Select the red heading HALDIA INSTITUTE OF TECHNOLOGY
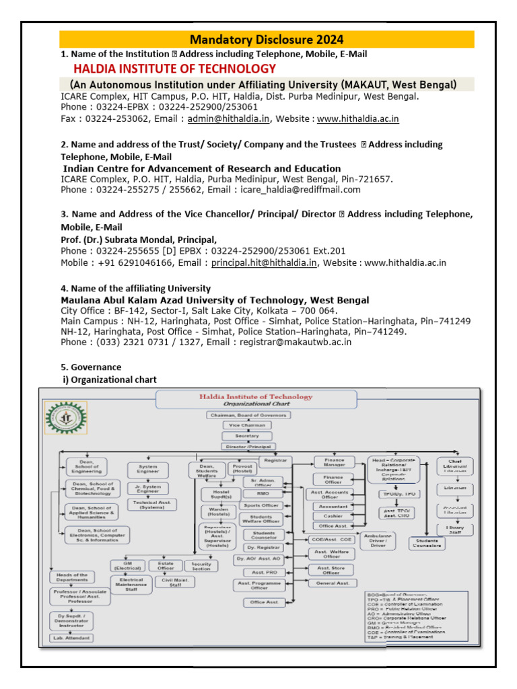[x=174, y=69]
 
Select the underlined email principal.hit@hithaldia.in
[x=264, y=262]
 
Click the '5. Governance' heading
[x=92, y=367]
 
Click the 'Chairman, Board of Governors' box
[x=248, y=415]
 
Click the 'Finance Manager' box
[x=334, y=462]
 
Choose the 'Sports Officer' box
[x=261, y=505]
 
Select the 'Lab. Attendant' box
[x=70, y=637]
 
